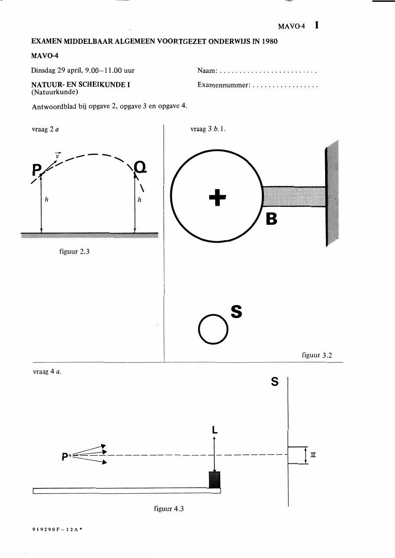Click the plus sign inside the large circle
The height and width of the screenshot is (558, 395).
click(217, 197)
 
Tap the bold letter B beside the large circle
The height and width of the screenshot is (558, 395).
click(271, 219)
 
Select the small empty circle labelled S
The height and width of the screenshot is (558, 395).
click(213, 329)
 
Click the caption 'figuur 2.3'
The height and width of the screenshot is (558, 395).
click(74, 251)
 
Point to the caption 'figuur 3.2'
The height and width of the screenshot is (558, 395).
click(317, 355)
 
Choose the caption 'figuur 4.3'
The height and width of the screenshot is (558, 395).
click(169, 509)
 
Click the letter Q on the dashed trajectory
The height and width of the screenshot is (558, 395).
click(140, 167)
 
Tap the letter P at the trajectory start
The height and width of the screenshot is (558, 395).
click(36, 170)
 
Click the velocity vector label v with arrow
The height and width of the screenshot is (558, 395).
click(58, 155)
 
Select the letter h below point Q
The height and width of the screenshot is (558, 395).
click(139, 200)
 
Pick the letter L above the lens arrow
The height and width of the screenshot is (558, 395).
click(214, 430)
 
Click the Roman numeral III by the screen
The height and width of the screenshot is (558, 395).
click(313, 455)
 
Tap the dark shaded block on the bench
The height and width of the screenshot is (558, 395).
click(214, 479)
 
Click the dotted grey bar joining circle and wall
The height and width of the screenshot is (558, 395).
click(294, 196)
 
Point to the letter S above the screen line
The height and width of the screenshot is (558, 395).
click(275, 381)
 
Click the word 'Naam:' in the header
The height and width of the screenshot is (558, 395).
click(207, 70)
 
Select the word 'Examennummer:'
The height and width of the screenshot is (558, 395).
click(224, 85)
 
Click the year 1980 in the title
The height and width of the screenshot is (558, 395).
click(270, 41)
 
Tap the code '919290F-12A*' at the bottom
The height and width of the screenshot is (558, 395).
click(57, 530)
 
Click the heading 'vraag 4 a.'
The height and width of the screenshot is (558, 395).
click(47, 372)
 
